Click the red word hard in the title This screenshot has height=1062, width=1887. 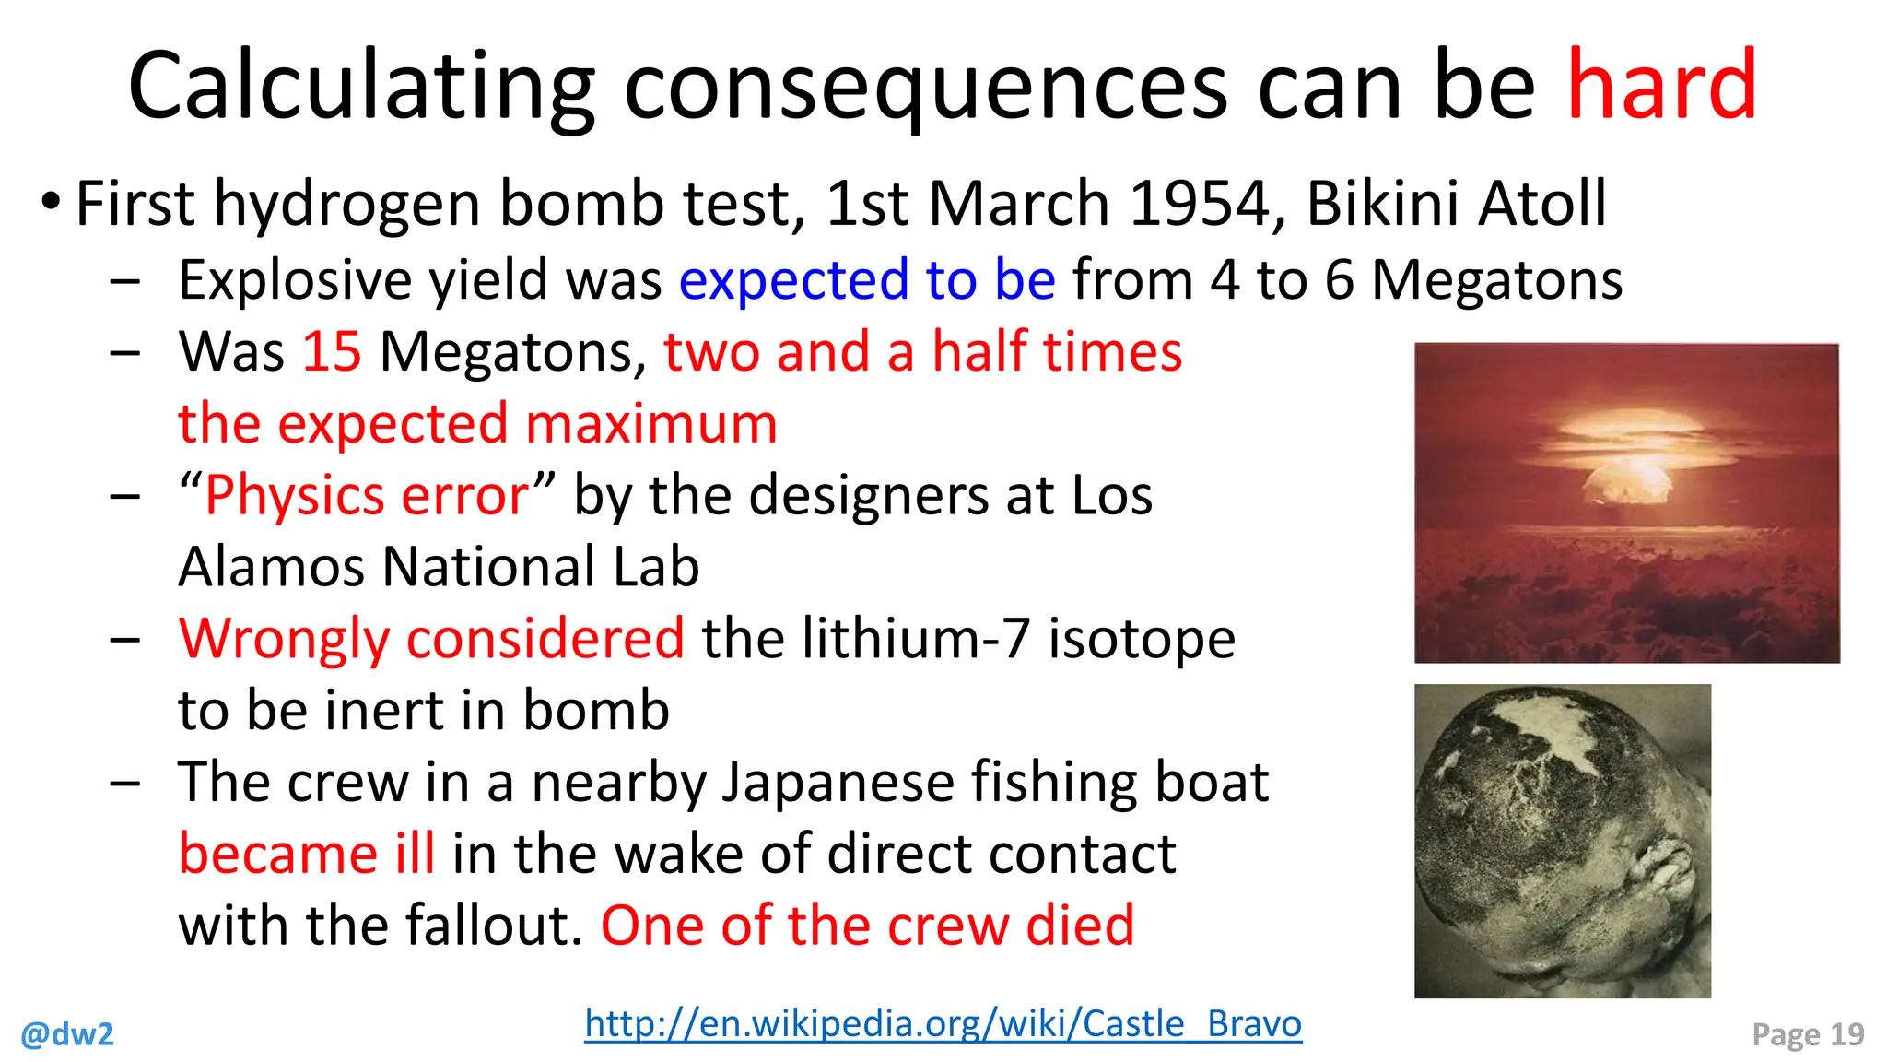click(1662, 85)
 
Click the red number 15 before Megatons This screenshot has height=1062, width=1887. click(332, 352)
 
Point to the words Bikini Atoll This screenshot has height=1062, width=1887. click(1456, 204)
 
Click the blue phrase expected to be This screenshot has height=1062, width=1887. click(867, 280)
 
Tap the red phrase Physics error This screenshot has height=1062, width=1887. click(367, 496)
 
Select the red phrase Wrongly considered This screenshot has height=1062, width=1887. click(431, 639)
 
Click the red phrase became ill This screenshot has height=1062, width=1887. click(306, 854)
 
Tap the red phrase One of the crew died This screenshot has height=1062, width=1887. click(867, 926)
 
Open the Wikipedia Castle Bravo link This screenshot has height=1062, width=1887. click(943, 1024)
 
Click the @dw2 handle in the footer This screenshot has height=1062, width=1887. click(67, 1034)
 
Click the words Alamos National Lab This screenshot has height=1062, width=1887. click(439, 567)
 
